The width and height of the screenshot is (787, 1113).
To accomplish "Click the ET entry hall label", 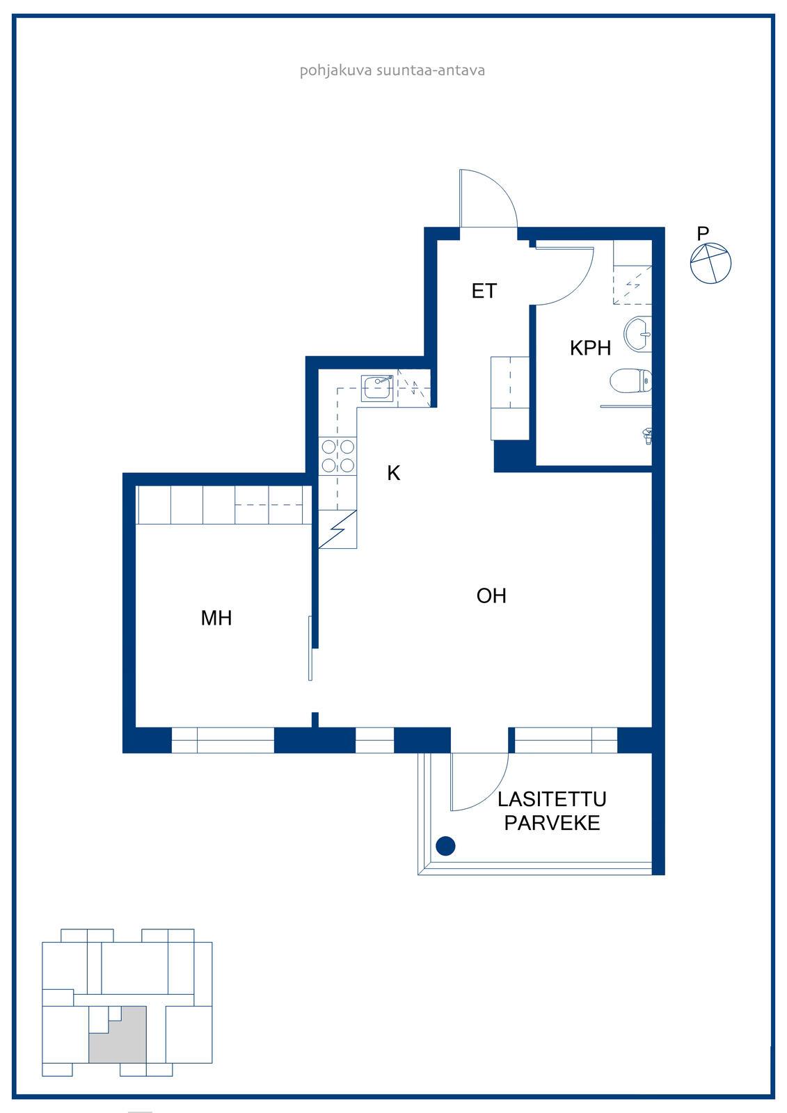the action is coord(484,291).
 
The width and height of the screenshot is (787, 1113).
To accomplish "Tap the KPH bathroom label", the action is coord(590,348).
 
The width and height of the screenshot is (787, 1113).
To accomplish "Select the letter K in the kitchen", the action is coord(394,473).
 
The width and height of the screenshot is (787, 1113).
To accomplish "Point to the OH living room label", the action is coord(491,595).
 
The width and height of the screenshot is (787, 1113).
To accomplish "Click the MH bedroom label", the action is coord(216,618).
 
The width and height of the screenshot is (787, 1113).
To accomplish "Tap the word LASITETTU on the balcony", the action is coord(552,799).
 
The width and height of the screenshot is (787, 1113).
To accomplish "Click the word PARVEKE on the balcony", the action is coord(552,824).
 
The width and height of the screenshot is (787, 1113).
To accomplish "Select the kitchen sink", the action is coord(377,388).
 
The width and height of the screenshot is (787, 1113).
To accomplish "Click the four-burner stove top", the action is coord(337,456).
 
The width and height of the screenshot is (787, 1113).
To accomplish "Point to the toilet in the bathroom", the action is coord(630,382).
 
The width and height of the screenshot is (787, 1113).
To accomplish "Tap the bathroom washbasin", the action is coord(638,334).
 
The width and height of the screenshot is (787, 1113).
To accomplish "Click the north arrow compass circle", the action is coord(710,264).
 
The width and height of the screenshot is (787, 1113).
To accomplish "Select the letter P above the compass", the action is coord(703,233).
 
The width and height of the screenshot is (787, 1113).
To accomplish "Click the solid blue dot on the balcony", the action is coord(445,846).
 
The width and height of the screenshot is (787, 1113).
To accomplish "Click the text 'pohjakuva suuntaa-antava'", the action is coord(392,70).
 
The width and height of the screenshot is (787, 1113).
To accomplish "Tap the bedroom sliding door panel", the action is coord(310,648).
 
